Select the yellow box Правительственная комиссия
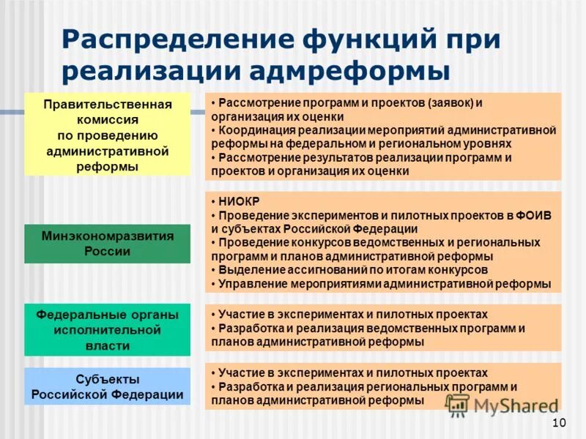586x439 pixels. point(107,135)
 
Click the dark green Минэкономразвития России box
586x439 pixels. point(107,244)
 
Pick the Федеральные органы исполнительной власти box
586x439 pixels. point(107,329)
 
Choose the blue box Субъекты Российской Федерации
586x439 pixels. point(107,387)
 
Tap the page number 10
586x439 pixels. point(559,422)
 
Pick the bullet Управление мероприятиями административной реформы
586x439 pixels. point(381,284)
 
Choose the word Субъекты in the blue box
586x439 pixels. point(107,379)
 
